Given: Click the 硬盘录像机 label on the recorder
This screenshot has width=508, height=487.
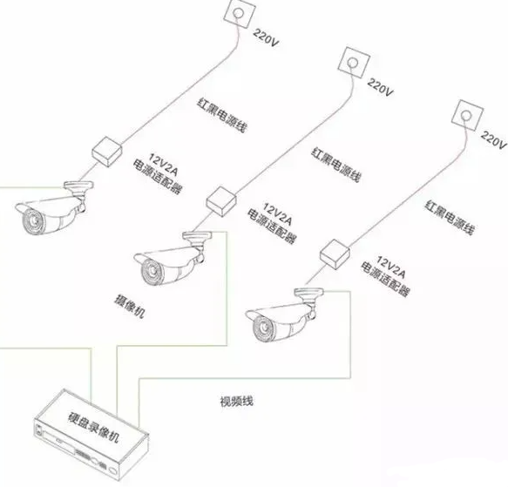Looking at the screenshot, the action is pyautogui.click(x=93, y=428).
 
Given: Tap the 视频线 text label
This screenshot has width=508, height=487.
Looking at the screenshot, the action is pyautogui.click(x=236, y=402).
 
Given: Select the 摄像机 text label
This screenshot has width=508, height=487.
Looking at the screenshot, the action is pyautogui.click(x=130, y=306).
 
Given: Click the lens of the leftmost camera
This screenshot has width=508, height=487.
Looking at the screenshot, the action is pyautogui.click(x=33, y=221).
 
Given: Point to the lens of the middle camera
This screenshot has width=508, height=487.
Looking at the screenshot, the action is pyautogui.click(x=152, y=272).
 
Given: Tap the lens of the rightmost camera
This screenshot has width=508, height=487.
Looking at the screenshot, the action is pyautogui.click(x=264, y=328).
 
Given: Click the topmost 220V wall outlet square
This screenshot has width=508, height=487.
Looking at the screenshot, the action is pyautogui.click(x=240, y=13).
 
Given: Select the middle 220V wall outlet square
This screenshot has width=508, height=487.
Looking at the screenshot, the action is pyautogui.click(x=354, y=63).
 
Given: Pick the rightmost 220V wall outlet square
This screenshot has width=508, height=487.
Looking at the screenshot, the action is pyautogui.click(x=468, y=115).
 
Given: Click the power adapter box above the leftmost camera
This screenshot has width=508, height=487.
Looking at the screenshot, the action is pyautogui.click(x=106, y=152).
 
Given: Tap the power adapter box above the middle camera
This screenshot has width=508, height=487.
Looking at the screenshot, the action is pyautogui.click(x=221, y=202).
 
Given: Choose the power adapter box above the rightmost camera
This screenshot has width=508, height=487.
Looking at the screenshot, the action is pyautogui.click(x=335, y=254).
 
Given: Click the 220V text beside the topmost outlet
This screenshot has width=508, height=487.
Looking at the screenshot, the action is pyautogui.click(x=266, y=37).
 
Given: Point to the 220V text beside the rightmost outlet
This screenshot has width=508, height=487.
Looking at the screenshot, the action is pyautogui.click(x=493, y=139).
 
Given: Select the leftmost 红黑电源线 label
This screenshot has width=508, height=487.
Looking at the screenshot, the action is pyautogui.click(x=221, y=115).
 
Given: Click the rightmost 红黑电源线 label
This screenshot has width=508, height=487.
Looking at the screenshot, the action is pyautogui.click(x=450, y=218).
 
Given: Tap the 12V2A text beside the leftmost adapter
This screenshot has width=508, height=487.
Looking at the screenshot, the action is pyautogui.click(x=164, y=165).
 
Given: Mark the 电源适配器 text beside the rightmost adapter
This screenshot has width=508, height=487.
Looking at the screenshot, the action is pyautogui.click(x=385, y=279).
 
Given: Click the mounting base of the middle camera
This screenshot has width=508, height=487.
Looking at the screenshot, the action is pyautogui.click(x=197, y=235).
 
